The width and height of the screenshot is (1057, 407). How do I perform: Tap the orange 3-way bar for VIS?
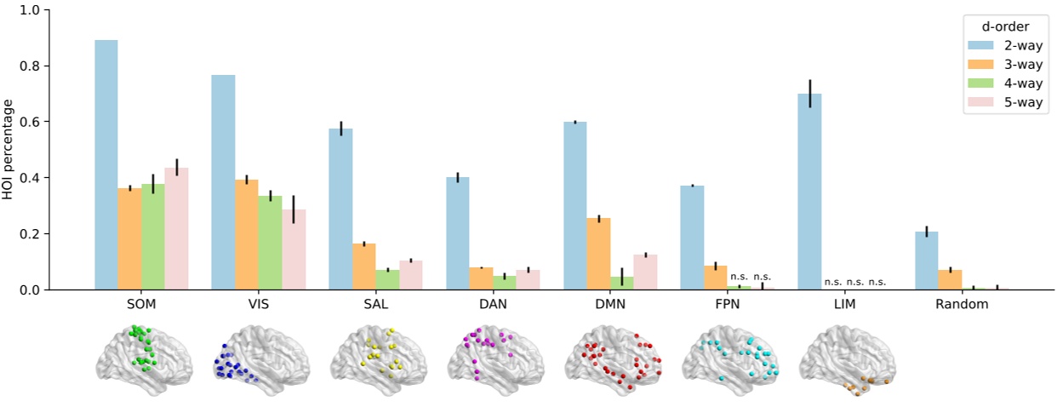pyautogui.click(x=246, y=234)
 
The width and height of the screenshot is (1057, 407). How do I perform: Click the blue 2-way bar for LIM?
pyautogui.click(x=809, y=192)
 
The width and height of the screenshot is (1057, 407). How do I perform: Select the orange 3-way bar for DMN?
pyautogui.click(x=598, y=254)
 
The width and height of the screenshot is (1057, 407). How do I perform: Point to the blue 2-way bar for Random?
pyautogui.click(x=927, y=261)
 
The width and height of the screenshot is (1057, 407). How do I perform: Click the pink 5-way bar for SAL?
pyautogui.click(x=410, y=275)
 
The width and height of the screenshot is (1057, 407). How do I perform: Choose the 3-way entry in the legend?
pyautogui.click(x=1004, y=65)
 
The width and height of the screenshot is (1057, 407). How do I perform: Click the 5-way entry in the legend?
pyautogui.click(x=1004, y=102)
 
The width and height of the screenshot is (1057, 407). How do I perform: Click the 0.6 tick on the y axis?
pyautogui.click(x=34, y=122)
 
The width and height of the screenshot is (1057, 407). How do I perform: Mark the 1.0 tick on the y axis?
pyautogui.click(x=34, y=10)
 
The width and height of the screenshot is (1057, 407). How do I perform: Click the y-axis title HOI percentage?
pyautogui.click(x=9, y=149)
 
